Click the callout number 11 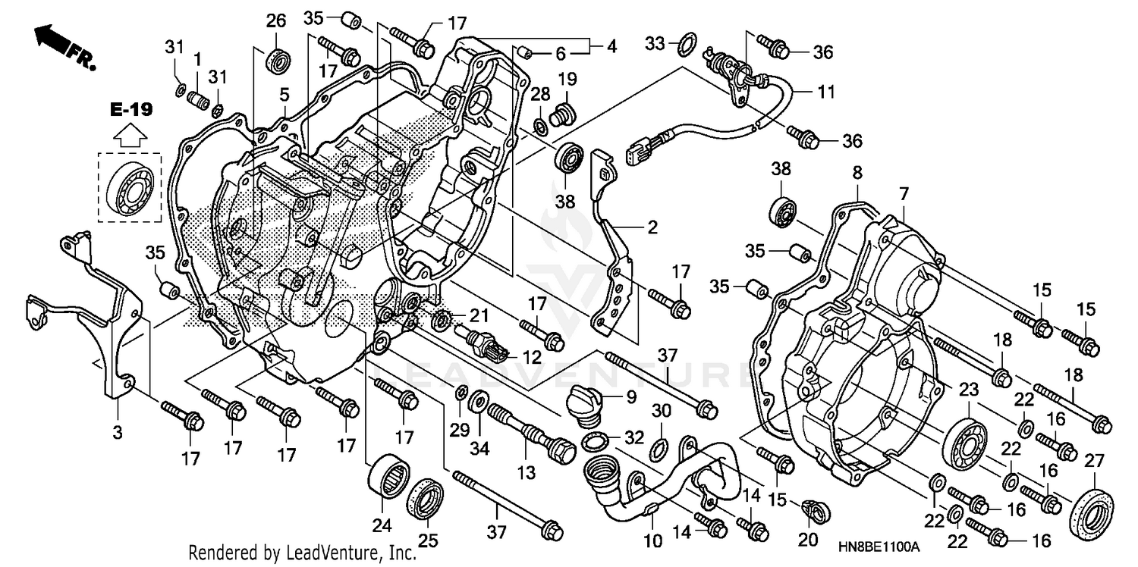[825, 92]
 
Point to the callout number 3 [117, 432]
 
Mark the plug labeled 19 [562, 114]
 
